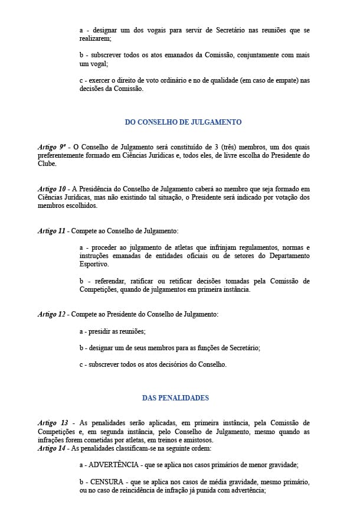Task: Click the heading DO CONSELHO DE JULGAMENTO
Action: [x=183, y=122]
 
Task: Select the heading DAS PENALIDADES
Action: [x=175, y=397]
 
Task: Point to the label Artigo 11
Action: [x=51, y=230]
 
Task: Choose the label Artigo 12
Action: [x=51, y=314]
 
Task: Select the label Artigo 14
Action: [x=52, y=448]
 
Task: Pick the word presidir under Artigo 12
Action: [x=101, y=331]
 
